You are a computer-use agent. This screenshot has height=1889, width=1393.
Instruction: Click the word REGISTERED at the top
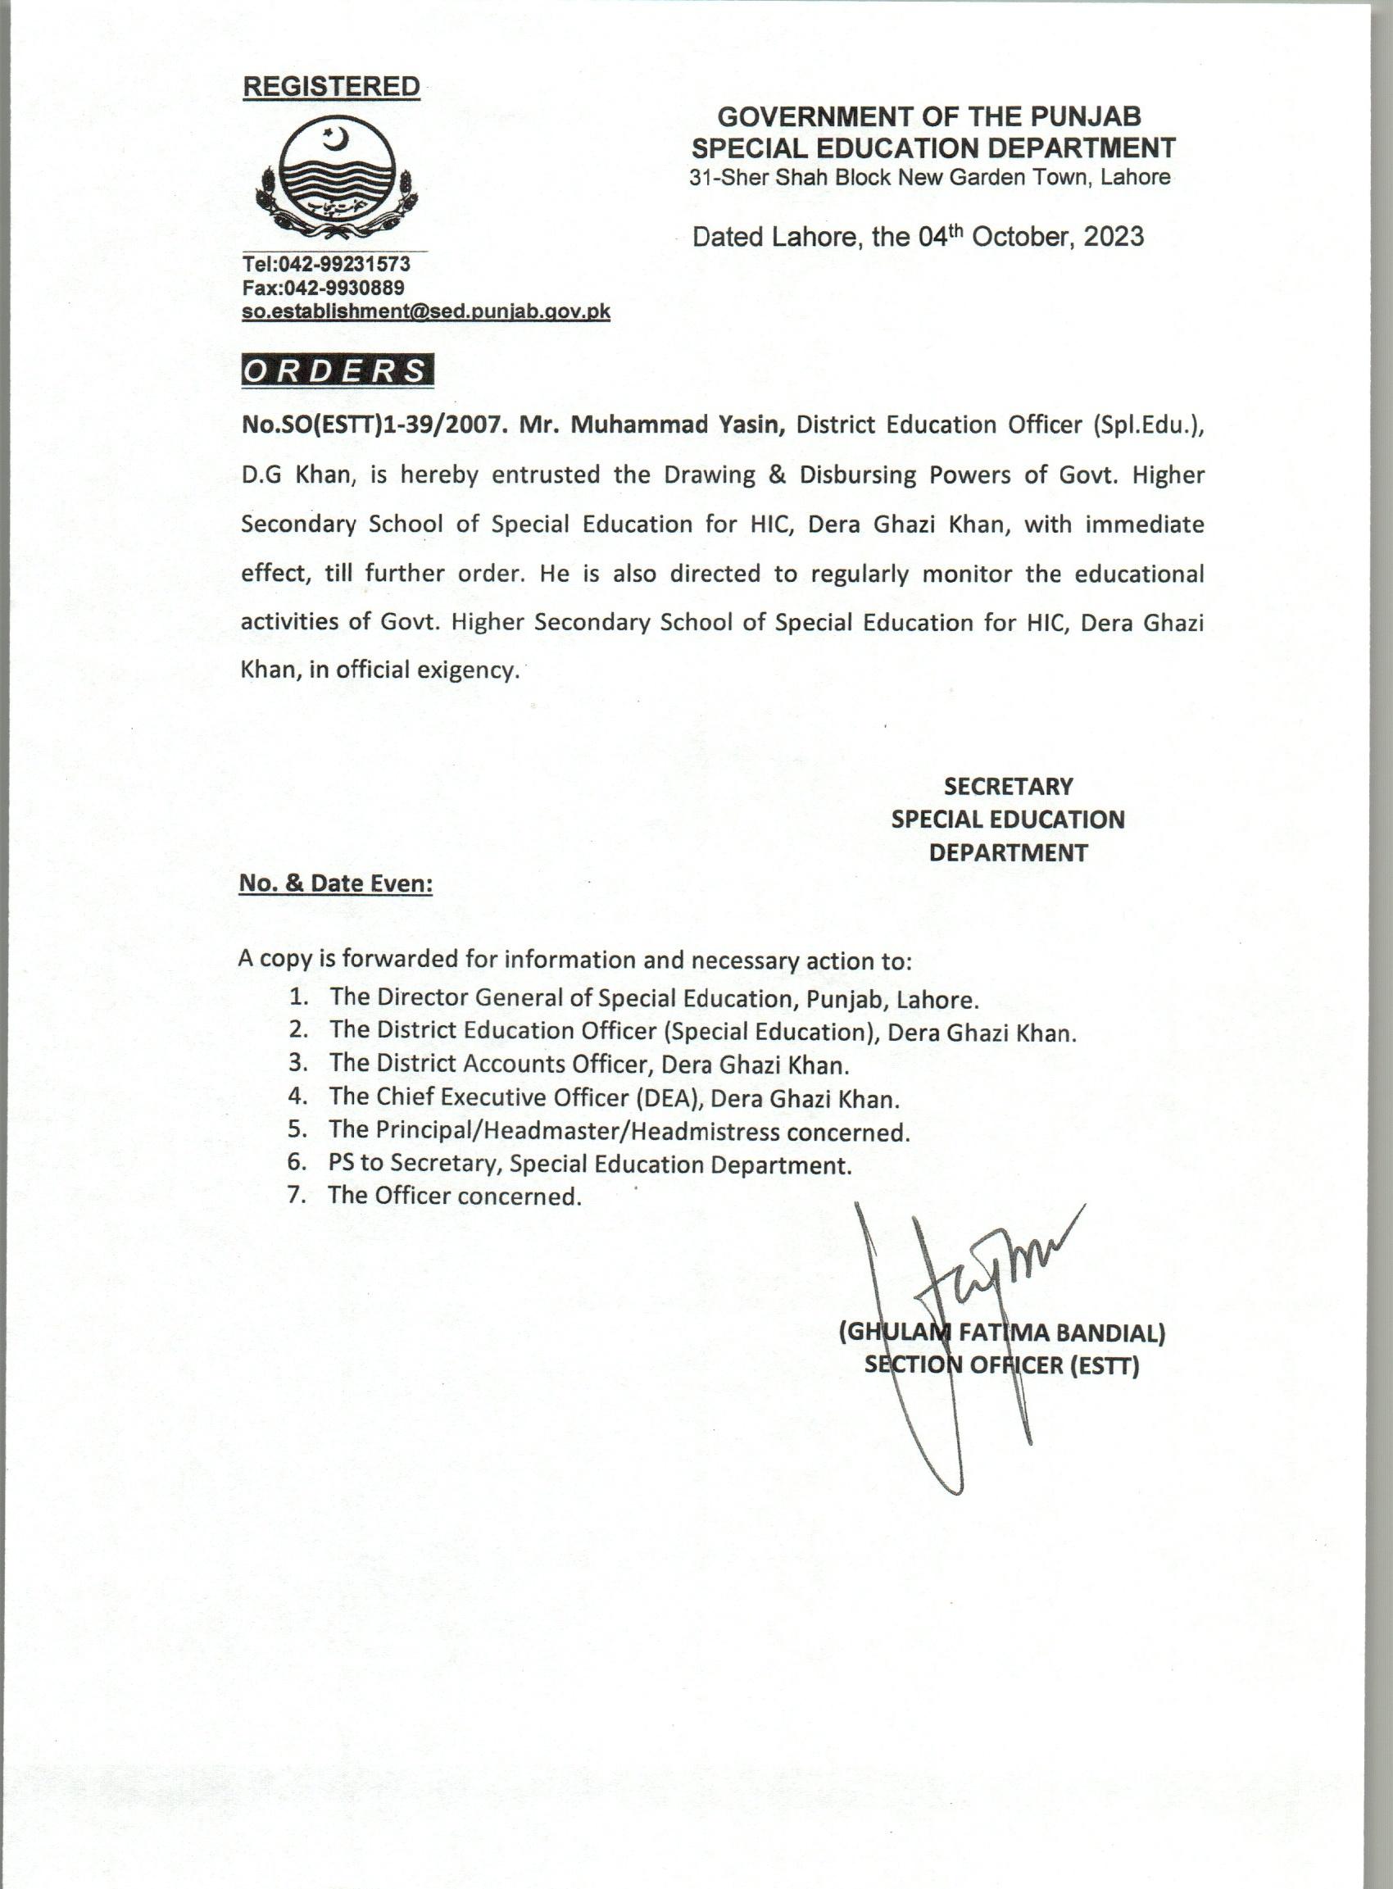[x=330, y=86]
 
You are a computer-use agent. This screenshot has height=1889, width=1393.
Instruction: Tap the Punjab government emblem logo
[x=337, y=179]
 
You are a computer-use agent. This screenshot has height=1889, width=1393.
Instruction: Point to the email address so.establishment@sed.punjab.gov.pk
[x=426, y=311]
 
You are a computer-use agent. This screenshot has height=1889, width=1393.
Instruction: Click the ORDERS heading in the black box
[x=337, y=371]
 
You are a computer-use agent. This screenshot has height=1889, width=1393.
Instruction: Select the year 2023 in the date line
[x=1113, y=237]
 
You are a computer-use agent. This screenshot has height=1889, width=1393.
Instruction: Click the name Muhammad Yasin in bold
[x=678, y=425]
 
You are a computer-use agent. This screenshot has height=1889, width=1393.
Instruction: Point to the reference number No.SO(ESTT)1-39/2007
[x=373, y=425]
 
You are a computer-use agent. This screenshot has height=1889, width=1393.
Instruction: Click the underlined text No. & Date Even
[x=336, y=883]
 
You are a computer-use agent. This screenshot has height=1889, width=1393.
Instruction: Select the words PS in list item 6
[x=341, y=1163]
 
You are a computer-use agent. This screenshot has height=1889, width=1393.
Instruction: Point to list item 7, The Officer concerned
[x=456, y=1196]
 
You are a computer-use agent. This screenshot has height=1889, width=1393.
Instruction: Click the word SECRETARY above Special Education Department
[x=1008, y=787]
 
